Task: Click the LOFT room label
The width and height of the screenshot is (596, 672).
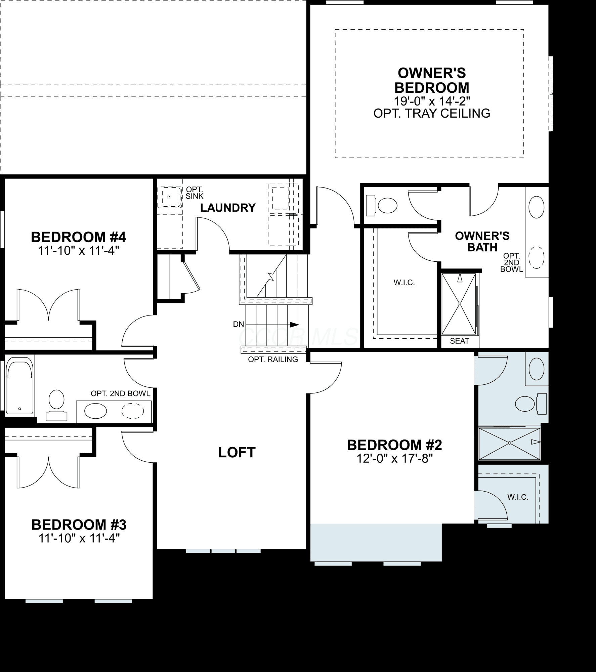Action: coord(237,452)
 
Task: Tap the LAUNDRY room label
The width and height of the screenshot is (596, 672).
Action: coord(228,208)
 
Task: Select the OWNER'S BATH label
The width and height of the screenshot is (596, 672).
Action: coord(482,242)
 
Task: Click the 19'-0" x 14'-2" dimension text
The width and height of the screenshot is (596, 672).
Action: coord(432,100)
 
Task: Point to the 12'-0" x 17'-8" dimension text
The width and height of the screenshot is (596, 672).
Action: coord(394,459)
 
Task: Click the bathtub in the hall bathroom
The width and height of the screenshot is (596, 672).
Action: coord(20,386)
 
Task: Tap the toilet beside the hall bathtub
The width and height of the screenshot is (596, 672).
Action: coord(56,405)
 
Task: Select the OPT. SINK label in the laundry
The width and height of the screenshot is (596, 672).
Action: coord(195,193)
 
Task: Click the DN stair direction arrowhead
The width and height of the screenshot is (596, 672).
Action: coord(294,325)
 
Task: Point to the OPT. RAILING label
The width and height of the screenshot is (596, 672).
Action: coord(273,359)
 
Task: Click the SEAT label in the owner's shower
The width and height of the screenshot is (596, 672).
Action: coord(459,341)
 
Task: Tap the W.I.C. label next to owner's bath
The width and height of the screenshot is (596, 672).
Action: coord(404,283)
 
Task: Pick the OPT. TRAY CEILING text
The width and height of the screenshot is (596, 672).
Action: coord(432,113)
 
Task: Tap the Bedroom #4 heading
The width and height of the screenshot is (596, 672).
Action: coord(78,237)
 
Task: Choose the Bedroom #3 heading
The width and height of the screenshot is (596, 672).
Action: coord(79,524)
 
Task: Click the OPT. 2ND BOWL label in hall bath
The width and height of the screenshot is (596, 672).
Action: coord(121,393)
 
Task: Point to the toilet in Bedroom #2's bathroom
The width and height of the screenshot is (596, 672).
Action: coord(531,404)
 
